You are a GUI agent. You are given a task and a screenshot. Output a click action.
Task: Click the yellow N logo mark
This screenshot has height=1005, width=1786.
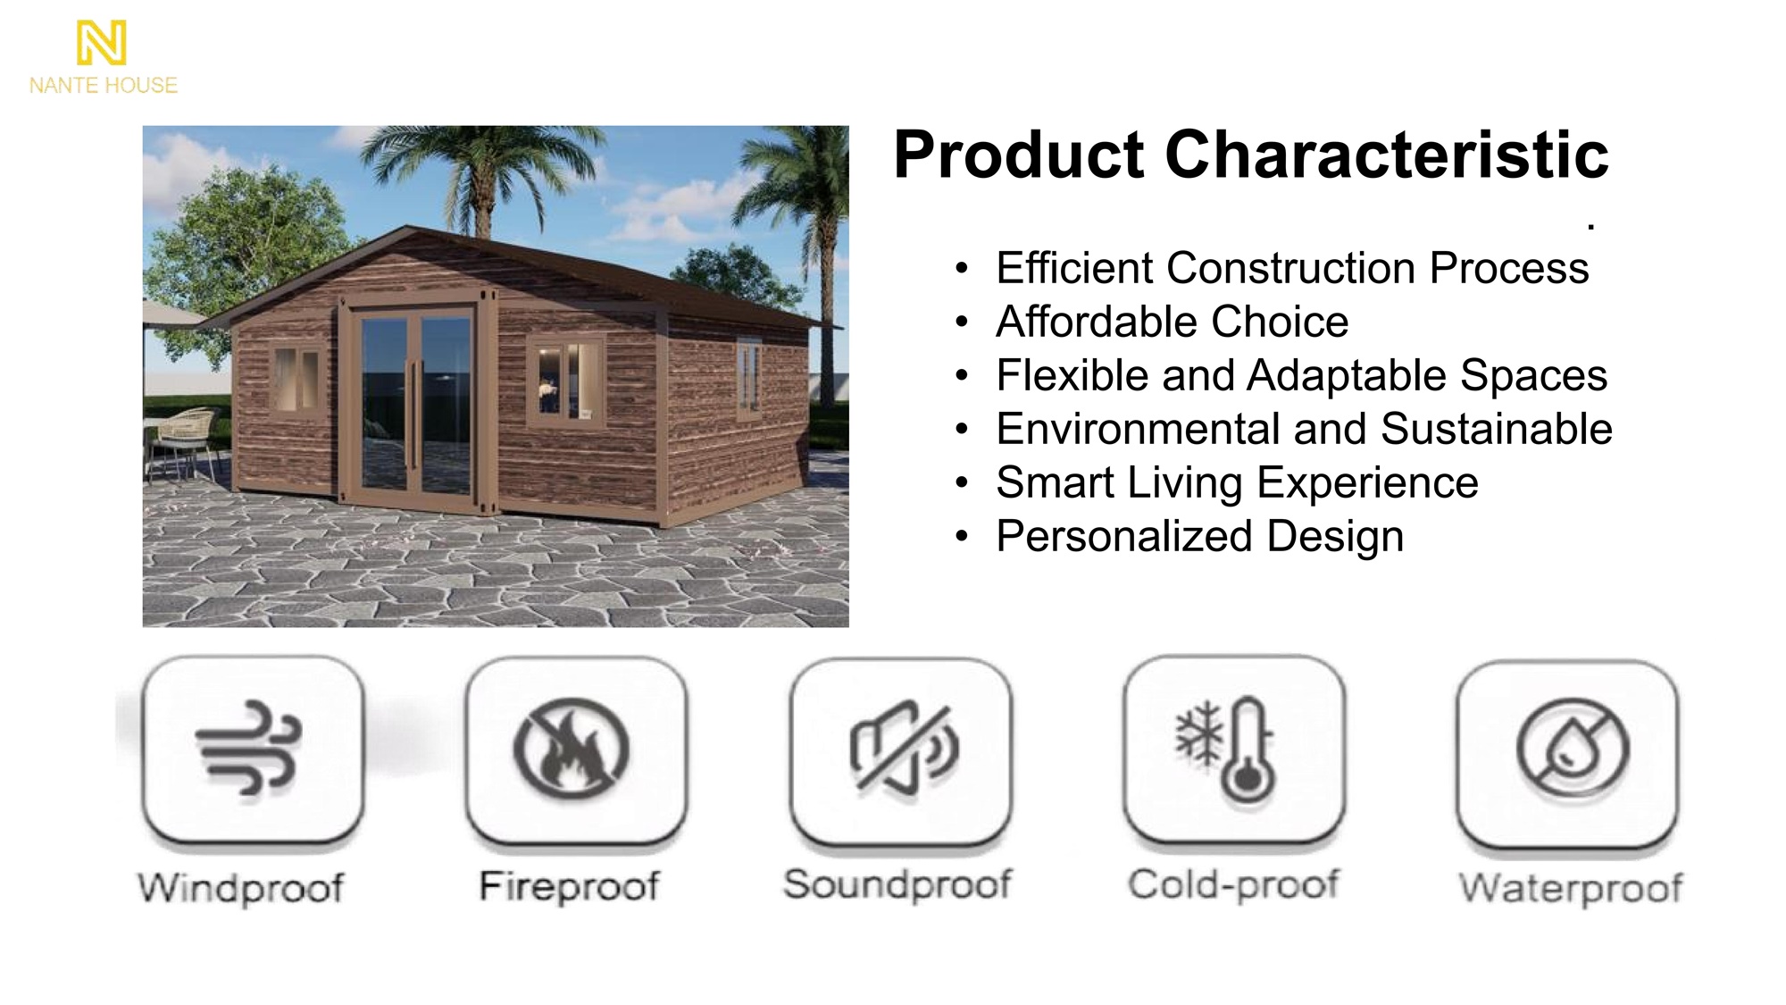pyautogui.click(x=101, y=43)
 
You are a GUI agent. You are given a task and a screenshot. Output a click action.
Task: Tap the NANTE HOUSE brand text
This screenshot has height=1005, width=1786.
pyautogui.click(x=104, y=86)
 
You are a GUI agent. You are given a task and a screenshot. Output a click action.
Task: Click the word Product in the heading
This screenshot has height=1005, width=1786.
pyautogui.click(x=1019, y=155)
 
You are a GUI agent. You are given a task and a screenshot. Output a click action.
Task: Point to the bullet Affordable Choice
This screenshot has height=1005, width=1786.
pyautogui.click(x=1172, y=322)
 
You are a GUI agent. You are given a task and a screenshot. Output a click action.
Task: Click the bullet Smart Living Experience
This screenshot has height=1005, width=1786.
pyautogui.click(x=1237, y=483)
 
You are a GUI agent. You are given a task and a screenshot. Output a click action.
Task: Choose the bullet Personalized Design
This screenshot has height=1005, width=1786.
pyautogui.click(x=1199, y=537)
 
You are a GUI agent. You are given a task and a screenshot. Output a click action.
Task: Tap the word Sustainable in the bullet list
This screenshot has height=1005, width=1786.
pyautogui.click(x=1497, y=429)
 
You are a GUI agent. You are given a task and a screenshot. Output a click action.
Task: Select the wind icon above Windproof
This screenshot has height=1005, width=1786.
pyautogui.click(x=249, y=749)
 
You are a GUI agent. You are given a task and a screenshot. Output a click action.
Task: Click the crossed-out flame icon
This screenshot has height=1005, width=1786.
pyautogui.click(x=572, y=749)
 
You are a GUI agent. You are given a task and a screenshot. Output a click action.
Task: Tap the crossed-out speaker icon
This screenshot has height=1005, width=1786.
pyautogui.click(x=903, y=747)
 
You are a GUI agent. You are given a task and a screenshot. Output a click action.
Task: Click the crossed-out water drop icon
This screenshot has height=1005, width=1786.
pyautogui.click(x=1573, y=749)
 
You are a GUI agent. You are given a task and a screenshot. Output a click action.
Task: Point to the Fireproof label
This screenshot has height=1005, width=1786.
pyautogui.click(x=569, y=886)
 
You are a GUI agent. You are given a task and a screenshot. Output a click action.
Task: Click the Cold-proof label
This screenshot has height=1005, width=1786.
pyautogui.click(x=1233, y=884)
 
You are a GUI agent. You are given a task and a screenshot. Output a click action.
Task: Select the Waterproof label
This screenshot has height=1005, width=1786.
pyautogui.click(x=1571, y=888)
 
